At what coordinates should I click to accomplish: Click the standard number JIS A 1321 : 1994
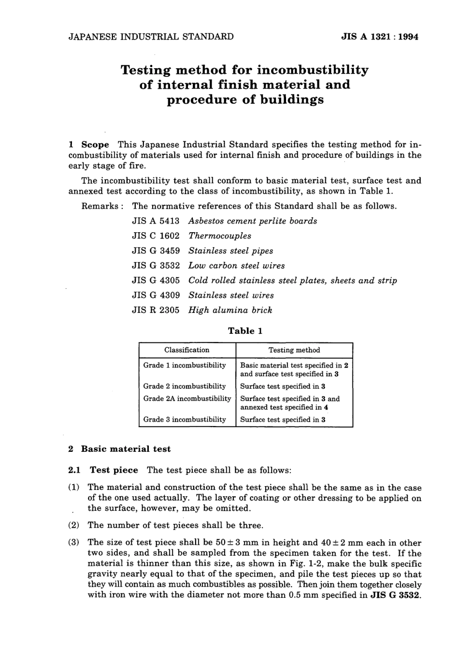pyautogui.click(x=379, y=37)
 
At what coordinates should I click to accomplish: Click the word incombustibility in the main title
pyautogui.click(x=312, y=70)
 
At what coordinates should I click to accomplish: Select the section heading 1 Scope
pyautogui.click(x=89, y=145)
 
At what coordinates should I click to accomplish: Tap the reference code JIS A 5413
pyautogui.click(x=156, y=221)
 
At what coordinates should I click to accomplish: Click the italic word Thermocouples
pyautogui.click(x=220, y=236)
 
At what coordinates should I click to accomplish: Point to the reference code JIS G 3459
pyautogui.click(x=156, y=251)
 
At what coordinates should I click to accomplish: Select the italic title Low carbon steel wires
pyautogui.click(x=236, y=266)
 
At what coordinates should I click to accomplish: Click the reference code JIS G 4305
pyautogui.click(x=156, y=281)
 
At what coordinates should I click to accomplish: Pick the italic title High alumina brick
pyautogui.click(x=230, y=311)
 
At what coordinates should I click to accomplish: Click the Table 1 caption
pyautogui.click(x=245, y=331)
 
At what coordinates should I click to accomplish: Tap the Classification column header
pyautogui.click(x=187, y=350)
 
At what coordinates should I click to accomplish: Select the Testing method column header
pyautogui.click(x=294, y=350)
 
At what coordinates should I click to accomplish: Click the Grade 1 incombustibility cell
pyautogui.click(x=185, y=366)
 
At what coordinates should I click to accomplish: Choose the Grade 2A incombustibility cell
pyautogui.click(x=187, y=399)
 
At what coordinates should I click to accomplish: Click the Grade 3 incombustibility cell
pyautogui.click(x=185, y=420)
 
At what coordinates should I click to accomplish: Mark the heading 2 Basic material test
pyautogui.click(x=119, y=449)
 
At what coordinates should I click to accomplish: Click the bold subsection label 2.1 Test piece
pyautogui.click(x=103, y=470)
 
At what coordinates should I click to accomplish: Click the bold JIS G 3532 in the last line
pyautogui.click(x=396, y=595)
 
